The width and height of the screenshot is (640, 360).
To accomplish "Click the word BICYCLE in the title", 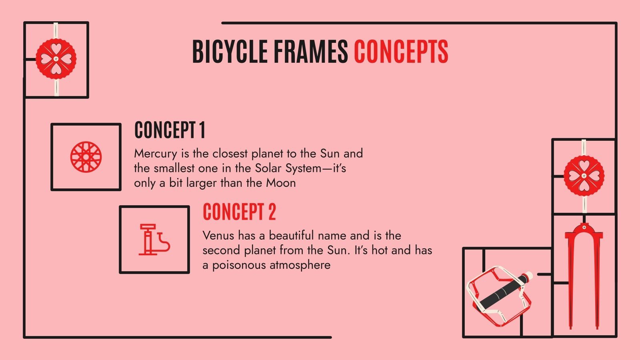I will (230, 52).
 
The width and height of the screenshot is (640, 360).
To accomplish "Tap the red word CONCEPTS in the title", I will (401, 52).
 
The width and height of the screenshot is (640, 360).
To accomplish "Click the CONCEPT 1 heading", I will (170, 130).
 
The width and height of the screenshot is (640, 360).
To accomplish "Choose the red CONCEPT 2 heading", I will (239, 212).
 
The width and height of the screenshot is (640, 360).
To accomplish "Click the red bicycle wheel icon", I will (86, 157).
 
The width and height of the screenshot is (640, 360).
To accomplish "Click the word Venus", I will (218, 235).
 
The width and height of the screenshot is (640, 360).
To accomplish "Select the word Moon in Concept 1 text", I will (281, 183).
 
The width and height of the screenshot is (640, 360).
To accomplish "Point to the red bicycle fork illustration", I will (584, 276).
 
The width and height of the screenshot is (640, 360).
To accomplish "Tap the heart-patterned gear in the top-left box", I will (56, 59).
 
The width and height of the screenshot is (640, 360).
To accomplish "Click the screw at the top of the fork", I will (584, 228).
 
